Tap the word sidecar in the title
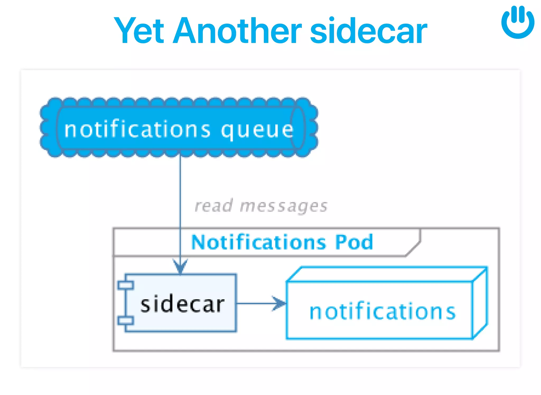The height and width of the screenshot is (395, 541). [x=368, y=30]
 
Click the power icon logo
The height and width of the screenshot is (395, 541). [x=518, y=22]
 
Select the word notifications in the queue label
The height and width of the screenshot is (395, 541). [x=137, y=129]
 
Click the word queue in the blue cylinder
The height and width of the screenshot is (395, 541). [x=257, y=130]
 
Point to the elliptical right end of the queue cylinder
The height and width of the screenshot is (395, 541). [x=298, y=128]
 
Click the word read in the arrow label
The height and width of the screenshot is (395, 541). [x=214, y=206]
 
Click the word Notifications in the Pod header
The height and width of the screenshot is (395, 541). [x=259, y=242]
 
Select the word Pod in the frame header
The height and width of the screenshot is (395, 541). [x=354, y=242]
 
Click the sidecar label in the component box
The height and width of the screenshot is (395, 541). [x=182, y=304]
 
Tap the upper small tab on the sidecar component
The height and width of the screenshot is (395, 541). [x=126, y=285]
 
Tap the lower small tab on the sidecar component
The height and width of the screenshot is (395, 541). [x=126, y=321]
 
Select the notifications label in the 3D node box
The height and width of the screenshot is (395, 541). [x=382, y=311]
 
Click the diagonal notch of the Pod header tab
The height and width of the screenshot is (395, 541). [x=413, y=249]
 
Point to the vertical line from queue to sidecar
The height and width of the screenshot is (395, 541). [x=180, y=190]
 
